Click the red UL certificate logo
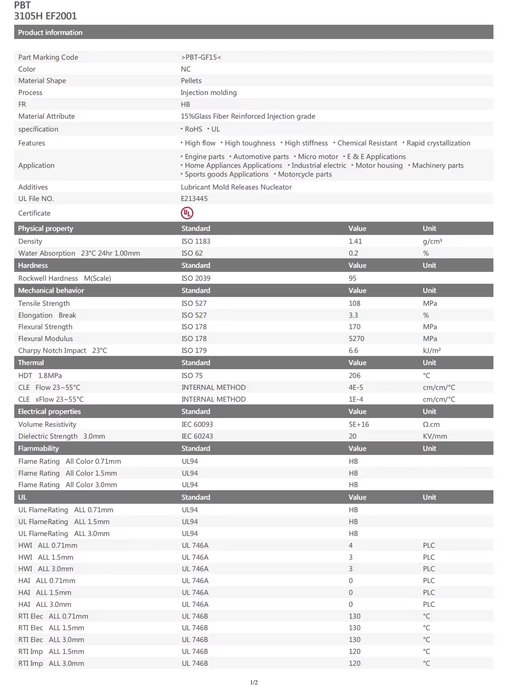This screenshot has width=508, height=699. click(x=187, y=213)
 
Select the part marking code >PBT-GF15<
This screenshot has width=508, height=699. click(x=201, y=57)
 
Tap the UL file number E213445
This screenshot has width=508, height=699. click(x=194, y=199)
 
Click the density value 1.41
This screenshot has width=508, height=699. click(x=355, y=241)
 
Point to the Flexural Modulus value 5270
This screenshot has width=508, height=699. click(x=356, y=339)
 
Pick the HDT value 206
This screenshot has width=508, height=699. click(x=354, y=376)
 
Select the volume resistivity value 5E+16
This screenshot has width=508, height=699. click(x=359, y=424)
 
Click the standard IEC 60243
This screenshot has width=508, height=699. click(x=197, y=436)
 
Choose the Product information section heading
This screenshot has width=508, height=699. click(x=50, y=33)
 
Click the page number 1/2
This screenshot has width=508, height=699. click(x=254, y=682)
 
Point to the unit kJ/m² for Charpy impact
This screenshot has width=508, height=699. click(x=432, y=351)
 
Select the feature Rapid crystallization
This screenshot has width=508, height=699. click(x=438, y=143)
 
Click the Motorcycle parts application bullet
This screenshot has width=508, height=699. click(x=305, y=174)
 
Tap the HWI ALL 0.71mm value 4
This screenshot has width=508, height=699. click(x=351, y=545)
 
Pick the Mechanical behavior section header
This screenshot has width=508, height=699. click(x=51, y=291)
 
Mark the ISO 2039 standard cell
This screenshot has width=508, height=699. click(x=196, y=278)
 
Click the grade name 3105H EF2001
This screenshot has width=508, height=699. click(x=45, y=16)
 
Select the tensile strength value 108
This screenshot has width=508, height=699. click(x=354, y=303)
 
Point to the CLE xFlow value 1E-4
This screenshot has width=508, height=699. click(x=356, y=399)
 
